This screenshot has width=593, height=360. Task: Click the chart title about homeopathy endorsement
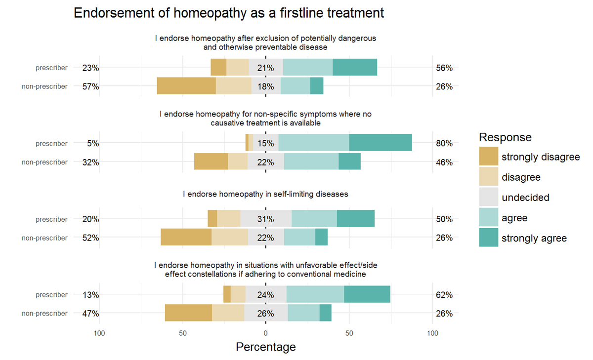point(228,13)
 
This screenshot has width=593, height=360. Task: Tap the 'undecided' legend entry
point(525,198)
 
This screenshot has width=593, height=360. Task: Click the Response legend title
point(505,137)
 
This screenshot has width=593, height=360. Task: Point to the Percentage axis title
point(266,347)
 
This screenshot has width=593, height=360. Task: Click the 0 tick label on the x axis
point(266,333)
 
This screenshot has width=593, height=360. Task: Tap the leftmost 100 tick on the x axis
point(99,333)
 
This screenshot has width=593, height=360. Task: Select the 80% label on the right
point(444,144)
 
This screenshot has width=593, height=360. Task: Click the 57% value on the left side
point(91,86)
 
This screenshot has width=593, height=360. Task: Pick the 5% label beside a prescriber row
point(93,144)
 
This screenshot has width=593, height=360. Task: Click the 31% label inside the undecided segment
point(266,219)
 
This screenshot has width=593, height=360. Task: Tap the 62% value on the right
point(444,295)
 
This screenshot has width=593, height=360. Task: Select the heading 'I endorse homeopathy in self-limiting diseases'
point(266,194)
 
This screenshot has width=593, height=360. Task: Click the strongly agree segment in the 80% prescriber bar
point(381,143)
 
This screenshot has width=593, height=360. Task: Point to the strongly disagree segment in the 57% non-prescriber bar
point(186,86)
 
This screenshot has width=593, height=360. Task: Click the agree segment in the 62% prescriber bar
point(315,294)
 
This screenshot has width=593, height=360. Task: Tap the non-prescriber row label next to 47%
point(44,314)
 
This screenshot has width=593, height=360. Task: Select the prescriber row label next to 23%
point(51,68)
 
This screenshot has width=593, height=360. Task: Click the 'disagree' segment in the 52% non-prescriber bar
point(230,237)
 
